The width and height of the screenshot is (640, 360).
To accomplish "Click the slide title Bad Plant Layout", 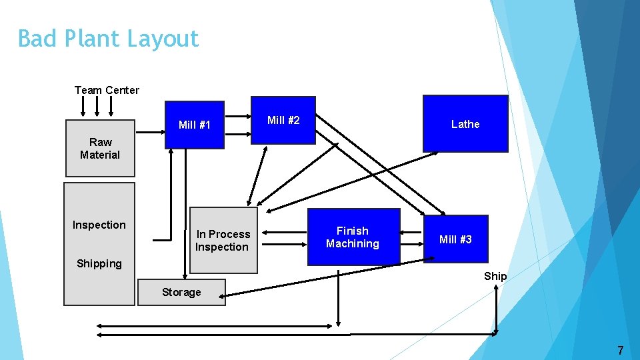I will click(108, 39).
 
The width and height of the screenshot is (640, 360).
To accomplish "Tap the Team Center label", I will click(107, 90).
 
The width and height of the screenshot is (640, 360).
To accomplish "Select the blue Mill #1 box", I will click(195, 125).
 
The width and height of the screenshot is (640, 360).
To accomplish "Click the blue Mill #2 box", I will click(283, 121).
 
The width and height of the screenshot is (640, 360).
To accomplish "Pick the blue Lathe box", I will click(465, 124).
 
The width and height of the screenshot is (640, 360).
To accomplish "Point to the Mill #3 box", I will click(455, 239).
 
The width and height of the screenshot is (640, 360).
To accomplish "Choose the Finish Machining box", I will click(353, 237).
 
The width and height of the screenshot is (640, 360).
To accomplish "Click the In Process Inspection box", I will click(223, 241).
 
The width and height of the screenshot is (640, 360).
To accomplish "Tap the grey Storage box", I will click(181, 292).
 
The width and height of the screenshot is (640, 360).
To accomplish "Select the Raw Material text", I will click(100, 148).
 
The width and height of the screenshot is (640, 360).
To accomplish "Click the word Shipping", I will click(99, 263).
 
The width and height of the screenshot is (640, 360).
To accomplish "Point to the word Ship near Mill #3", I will click(495, 276).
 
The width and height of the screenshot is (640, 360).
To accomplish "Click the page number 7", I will click(620, 350).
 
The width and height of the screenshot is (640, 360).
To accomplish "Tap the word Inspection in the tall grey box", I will click(99, 225).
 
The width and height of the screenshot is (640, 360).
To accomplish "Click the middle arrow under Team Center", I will click(98, 106).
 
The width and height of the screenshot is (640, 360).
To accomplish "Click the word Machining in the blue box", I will click(353, 244).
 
